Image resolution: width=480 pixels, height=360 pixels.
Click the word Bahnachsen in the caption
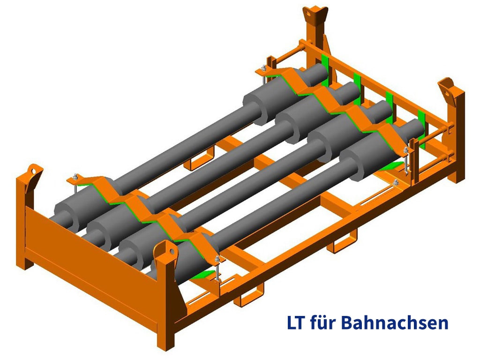click(394, 323)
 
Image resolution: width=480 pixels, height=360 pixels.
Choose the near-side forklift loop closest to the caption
click(342, 244)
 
